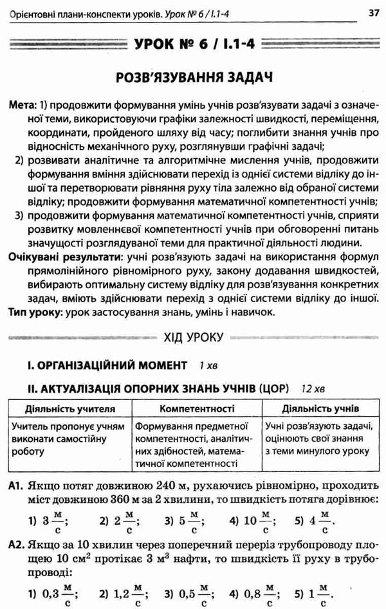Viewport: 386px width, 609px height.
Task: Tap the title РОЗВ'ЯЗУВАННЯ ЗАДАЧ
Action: pyautogui.click(x=192, y=78)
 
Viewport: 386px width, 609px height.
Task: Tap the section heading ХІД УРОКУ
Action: pyautogui.click(x=193, y=337)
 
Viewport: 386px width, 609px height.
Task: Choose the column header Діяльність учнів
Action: pyautogui.click(x=319, y=408)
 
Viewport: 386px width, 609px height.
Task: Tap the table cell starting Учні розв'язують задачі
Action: pyautogui.click(x=318, y=438)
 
